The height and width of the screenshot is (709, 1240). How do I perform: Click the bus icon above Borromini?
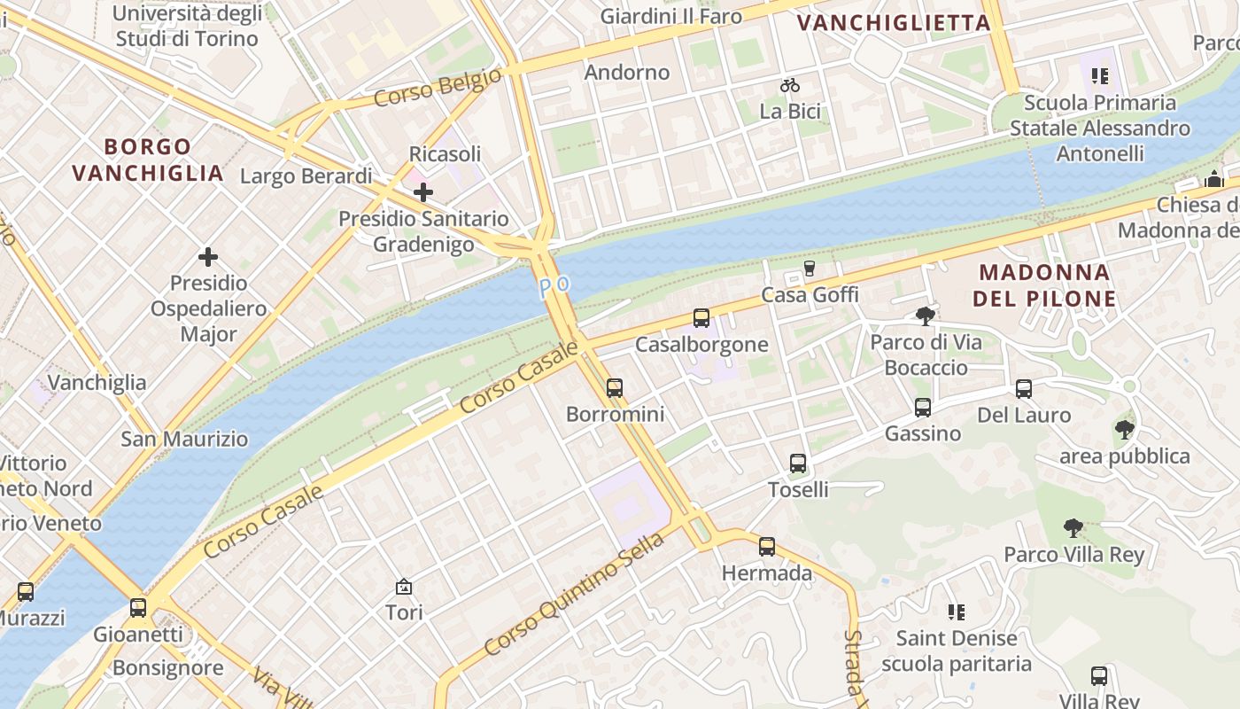[614, 387]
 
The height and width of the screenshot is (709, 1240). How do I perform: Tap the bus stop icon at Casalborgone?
[701, 317]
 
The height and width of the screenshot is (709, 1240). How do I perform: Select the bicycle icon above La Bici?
[790, 85]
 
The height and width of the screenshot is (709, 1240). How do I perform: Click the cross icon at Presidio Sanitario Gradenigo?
[423, 191]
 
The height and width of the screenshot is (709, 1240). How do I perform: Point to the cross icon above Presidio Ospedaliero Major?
[208, 257]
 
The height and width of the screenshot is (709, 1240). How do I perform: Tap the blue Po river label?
[554, 286]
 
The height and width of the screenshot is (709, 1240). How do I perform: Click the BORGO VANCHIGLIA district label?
[148, 160]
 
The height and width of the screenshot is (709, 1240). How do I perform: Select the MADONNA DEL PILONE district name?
[1043, 285]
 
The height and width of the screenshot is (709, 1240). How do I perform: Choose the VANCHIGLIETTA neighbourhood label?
[894, 23]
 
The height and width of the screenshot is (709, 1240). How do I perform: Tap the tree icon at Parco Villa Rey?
[1073, 528]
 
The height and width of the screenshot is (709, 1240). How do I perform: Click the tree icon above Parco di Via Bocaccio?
[926, 316]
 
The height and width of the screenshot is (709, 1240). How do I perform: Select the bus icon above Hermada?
[767, 546]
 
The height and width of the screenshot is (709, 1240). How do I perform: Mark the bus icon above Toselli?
[798, 463]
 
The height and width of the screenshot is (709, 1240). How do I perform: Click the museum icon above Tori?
[404, 586]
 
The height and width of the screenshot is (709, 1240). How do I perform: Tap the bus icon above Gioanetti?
[138, 608]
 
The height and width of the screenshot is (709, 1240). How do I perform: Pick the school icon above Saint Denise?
[956, 612]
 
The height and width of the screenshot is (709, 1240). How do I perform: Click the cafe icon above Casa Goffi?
[809, 268]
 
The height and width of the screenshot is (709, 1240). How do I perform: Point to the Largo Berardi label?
[306, 175]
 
